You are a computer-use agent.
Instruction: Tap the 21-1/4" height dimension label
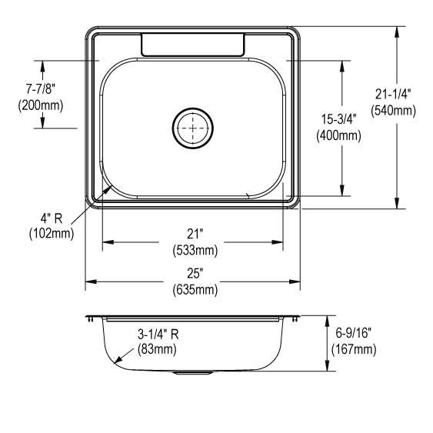point(393,94)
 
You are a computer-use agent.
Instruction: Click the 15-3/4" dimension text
point(338,119)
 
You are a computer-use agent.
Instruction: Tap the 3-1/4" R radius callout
point(158,334)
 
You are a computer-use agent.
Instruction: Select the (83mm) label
point(158,349)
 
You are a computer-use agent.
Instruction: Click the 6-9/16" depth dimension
point(354,334)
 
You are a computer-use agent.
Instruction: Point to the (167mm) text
point(354,349)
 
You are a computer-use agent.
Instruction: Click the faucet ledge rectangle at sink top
point(192,45)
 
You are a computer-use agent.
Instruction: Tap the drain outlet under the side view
point(192,373)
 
